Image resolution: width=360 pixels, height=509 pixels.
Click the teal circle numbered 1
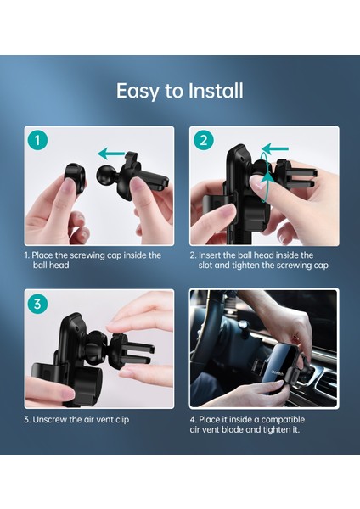[x=37, y=141]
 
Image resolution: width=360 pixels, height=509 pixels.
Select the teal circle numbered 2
[x=204, y=141]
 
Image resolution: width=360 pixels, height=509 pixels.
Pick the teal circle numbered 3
[x=37, y=305]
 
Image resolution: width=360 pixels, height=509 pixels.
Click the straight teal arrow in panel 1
[x=111, y=154]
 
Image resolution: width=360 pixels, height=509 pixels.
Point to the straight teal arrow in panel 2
[x=275, y=149]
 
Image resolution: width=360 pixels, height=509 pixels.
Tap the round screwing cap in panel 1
[x=76, y=178]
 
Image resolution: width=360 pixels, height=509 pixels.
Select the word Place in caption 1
[x=42, y=255]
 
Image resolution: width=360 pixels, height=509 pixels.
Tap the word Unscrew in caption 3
[x=50, y=419]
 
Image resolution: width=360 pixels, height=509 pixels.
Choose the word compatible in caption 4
[x=283, y=419]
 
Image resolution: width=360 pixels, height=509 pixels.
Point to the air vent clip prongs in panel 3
[x=138, y=353]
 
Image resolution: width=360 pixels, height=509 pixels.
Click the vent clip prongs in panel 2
[x=303, y=178]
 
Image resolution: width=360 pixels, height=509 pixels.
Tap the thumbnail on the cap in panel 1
[x=68, y=186]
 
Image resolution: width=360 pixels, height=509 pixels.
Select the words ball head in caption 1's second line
[x=51, y=266]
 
